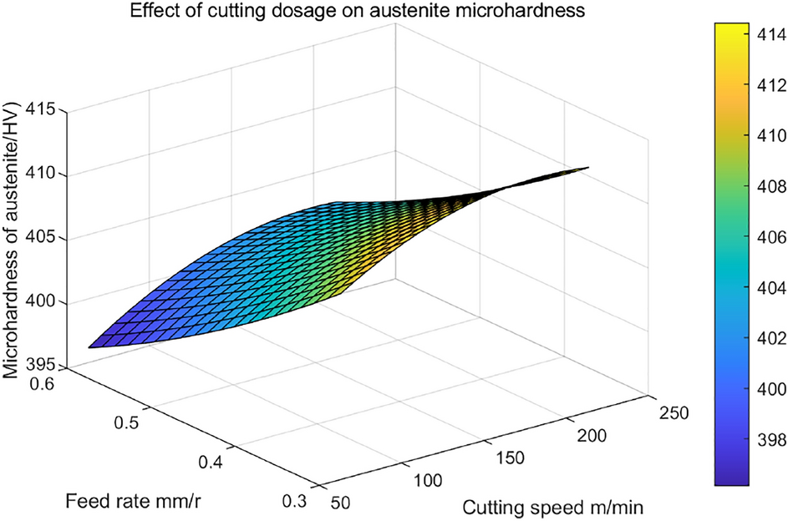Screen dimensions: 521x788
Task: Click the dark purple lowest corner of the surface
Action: [x=90, y=346]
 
